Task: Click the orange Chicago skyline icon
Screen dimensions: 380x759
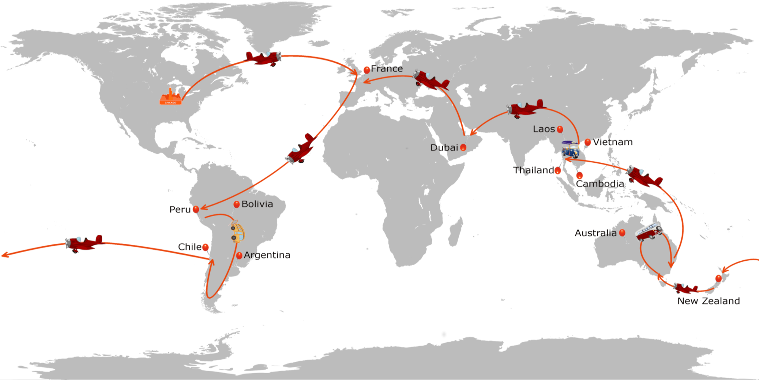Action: (170, 97)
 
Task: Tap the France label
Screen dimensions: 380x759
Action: (387, 69)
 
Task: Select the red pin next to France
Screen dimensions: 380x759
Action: (367, 70)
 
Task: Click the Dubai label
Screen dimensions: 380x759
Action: (444, 147)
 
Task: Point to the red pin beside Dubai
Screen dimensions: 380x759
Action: (463, 147)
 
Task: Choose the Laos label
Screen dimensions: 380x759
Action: (544, 129)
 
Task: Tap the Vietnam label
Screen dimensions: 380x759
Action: (613, 142)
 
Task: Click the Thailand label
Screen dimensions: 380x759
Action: (534, 170)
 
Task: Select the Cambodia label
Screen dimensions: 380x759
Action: (600, 184)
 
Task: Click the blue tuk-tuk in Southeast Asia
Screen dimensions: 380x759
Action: (570, 150)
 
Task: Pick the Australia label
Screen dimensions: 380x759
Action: (595, 233)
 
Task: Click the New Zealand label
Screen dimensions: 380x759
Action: (709, 301)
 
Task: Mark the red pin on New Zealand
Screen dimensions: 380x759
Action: (718, 279)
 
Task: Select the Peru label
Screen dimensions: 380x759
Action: (180, 209)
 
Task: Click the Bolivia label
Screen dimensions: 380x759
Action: (257, 204)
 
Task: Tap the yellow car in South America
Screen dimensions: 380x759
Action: (237, 231)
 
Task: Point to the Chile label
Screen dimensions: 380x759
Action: (190, 247)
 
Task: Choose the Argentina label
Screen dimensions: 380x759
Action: (267, 255)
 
